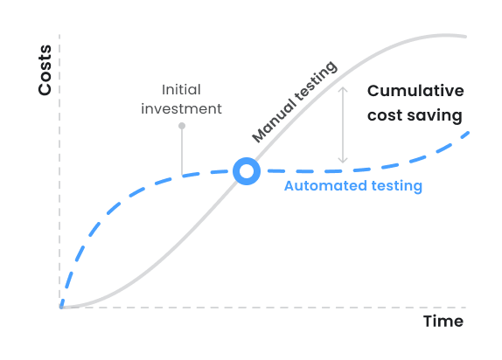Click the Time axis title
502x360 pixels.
(443, 321)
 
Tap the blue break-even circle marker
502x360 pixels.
(247, 171)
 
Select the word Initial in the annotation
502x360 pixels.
(181, 89)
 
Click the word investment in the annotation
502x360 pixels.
(181, 109)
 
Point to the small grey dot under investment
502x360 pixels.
(182, 127)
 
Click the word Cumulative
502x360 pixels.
(415, 91)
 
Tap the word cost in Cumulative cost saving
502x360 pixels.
(386, 114)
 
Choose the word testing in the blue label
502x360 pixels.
(394, 185)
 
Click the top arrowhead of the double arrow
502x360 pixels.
(343, 87)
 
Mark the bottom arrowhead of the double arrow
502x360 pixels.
(343, 161)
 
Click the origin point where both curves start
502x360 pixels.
(61, 307)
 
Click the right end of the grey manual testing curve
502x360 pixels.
(466, 37)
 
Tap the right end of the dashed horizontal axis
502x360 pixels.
(465, 307)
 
